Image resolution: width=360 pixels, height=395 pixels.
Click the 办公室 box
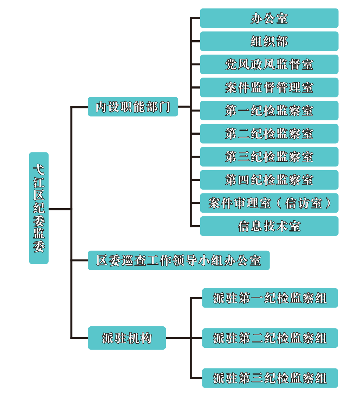(269, 18)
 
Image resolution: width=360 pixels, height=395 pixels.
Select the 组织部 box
(269, 41)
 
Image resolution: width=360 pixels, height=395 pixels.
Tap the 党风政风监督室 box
(269, 65)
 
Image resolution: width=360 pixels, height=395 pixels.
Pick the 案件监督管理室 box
(269, 87)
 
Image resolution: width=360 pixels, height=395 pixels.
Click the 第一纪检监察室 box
(269, 111)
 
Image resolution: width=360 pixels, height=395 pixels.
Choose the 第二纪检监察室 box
(269, 134)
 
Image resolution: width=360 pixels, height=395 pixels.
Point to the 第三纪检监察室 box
(269, 157)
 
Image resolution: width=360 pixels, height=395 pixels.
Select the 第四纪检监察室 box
(269, 180)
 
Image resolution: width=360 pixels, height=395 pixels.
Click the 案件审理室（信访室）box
(269, 203)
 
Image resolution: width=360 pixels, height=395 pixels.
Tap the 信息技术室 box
(269, 226)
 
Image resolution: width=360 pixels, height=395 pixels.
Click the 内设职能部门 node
(133, 107)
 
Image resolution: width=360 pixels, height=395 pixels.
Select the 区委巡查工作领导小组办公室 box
(179, 260)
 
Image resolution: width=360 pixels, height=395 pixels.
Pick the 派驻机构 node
(127, 338)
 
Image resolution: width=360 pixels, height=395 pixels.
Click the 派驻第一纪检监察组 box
(270, 298)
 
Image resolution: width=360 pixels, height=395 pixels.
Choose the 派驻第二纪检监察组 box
(270, 338)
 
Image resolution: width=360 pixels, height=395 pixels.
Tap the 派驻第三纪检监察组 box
(270, 378)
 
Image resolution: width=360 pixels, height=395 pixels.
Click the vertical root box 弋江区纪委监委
(39, 208)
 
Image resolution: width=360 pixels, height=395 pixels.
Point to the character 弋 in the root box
(39, 169)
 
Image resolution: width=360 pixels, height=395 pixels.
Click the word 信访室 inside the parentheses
(304, 203)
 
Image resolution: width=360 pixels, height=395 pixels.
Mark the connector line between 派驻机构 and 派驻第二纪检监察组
(184, 338)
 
